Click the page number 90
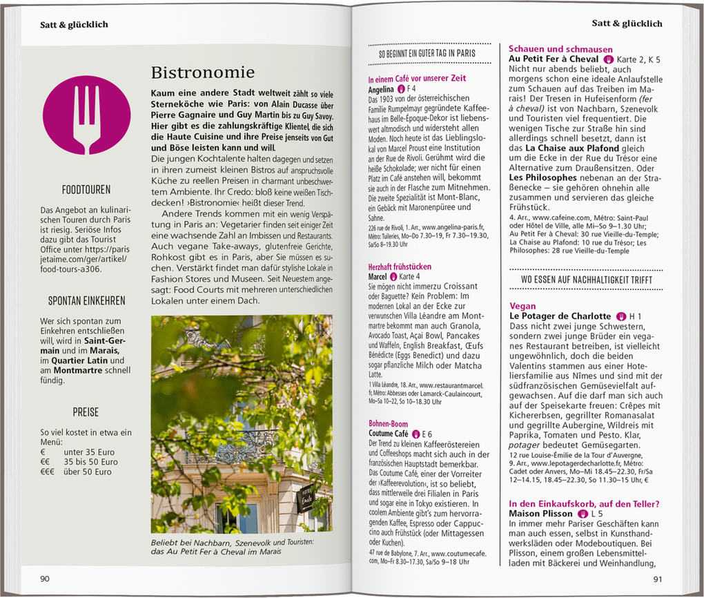coord(44,579)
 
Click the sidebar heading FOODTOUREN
coord(86,189)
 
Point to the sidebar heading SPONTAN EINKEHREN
coord(86,300)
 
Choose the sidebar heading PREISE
coord(86,412)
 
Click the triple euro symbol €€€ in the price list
coord(47,472)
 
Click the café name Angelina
coord(380,89)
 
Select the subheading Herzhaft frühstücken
coord(400,266)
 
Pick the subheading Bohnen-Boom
coord(388,424)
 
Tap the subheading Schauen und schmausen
coord(560,49)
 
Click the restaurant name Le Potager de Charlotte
coord(560,316)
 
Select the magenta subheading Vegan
coord(522,306)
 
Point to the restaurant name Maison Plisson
coord(540,514)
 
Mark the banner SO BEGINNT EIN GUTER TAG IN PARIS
coord(427,53)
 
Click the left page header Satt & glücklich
coord(74,25)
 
